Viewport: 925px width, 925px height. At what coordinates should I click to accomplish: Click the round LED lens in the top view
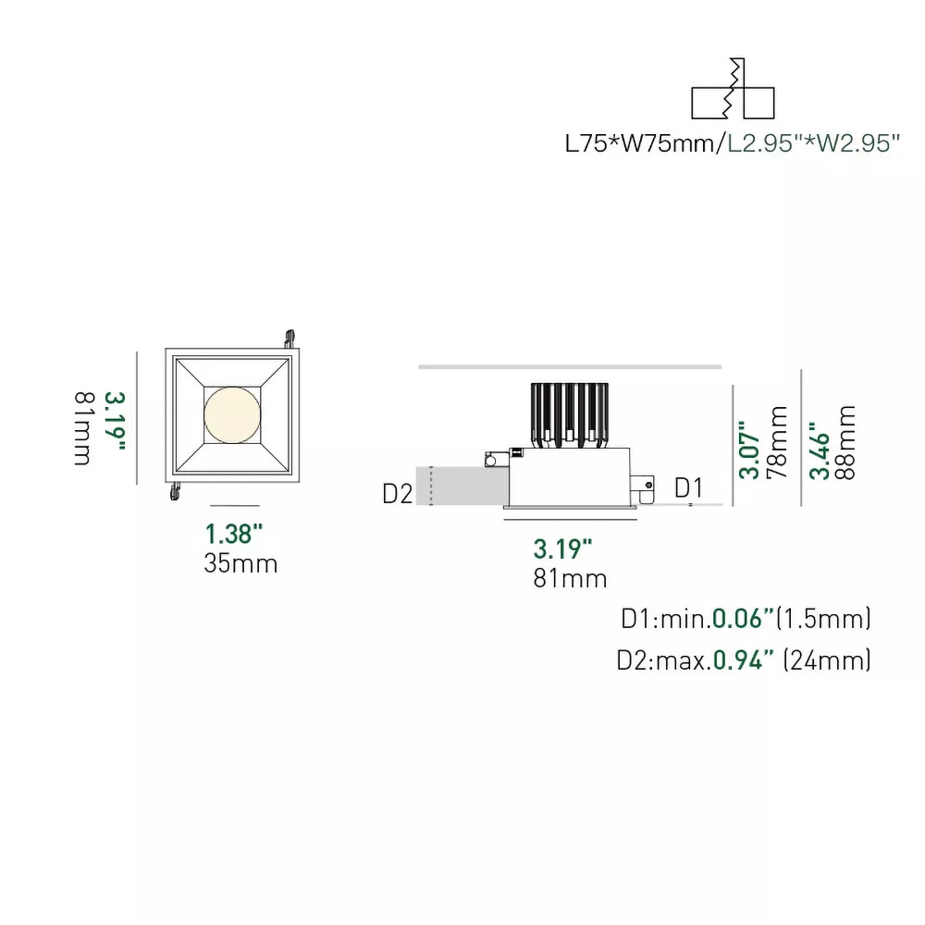click(232, 414)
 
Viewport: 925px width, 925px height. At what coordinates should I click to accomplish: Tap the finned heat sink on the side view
click(569, 415)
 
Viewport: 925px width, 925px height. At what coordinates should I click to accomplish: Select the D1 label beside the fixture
click(688, 488)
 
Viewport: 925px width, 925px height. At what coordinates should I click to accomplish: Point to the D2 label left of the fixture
click(397, 494)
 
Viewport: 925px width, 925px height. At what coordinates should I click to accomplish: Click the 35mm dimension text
click(240, 563)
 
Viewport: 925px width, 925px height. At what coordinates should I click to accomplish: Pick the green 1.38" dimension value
click(234, 534)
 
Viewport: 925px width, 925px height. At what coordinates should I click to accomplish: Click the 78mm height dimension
click(777, 442)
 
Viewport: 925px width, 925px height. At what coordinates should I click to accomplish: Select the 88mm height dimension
click(845, 442)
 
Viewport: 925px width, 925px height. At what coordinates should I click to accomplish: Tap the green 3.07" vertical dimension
click(749, 450)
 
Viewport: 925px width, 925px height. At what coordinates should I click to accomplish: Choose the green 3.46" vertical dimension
click(819, 450)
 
